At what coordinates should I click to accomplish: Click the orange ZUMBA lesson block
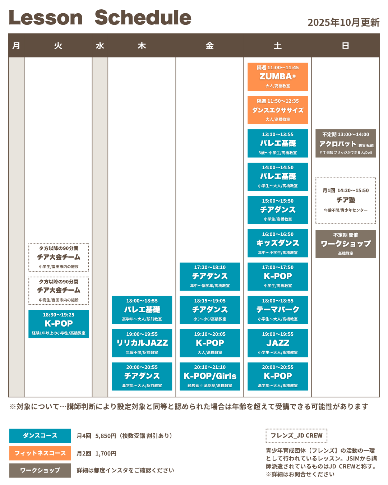click(x=277, y=77)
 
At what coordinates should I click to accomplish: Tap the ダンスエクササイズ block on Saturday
click(x=277, y=110)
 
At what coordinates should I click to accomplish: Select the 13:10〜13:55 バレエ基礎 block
click(x=277, y=143)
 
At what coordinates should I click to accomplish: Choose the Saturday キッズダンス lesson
click(x=277, y=243)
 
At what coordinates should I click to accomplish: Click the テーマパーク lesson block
click(x=277, y=310)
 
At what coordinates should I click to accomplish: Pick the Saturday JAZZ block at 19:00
click(x=277, y=343)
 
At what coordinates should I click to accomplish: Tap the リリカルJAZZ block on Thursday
click(x=142, y=343)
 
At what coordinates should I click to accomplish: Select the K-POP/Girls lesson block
click(x=210, y=376)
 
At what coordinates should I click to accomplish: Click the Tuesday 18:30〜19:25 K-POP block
click(x=59, y=324)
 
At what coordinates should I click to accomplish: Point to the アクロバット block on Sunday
click(x=345, y=143)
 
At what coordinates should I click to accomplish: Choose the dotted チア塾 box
click(x=345, y=200)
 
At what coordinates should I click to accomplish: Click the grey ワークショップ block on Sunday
click(x=345, y=244)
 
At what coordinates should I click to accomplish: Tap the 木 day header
click(x=142, y=46)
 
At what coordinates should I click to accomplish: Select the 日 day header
click(x=345, y=46)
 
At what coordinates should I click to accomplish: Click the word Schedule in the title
click(x=143, y=18)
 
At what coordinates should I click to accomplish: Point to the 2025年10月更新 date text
click(x=343, y=22)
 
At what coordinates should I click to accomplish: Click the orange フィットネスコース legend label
click(x=40, y=453)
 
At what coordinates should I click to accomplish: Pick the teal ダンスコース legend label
click(x=40, y=435)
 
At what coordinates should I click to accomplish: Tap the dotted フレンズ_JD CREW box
click(x=296, y=435)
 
